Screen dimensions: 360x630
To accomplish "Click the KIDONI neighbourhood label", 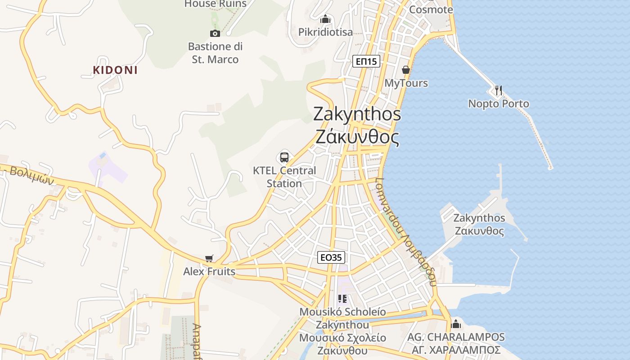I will tap(115, 70).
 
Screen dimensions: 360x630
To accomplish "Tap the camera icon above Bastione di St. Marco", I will tap(215, 33).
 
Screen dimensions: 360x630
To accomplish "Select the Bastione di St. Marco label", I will tap(215, 53).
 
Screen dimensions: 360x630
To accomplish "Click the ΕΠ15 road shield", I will tap(366, 62).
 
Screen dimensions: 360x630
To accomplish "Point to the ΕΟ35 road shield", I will tap(331, 257).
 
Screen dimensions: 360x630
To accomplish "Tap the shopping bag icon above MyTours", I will tap(406, 70).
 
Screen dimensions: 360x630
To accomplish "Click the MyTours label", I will tap(406, 83).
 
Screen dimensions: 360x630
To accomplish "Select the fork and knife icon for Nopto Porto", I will tap(498, 90).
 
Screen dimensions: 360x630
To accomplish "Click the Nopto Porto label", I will tap(499, 104).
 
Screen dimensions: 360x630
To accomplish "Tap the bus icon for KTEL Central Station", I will tap(284, 157).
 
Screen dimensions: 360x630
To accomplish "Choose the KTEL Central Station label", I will tap(284, 177).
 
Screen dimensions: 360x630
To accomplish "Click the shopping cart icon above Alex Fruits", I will tap(209, 258).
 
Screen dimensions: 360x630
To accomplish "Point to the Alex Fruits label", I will tap(209, 272).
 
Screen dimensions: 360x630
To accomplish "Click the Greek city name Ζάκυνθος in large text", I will tap(357, 137).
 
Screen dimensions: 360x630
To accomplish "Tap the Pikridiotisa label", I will tap(325, 32).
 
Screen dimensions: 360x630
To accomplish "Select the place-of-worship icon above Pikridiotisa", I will tap(325, 19).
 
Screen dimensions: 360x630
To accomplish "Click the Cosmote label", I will tap(431, 9).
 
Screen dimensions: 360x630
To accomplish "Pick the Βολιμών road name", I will tap(31, 175).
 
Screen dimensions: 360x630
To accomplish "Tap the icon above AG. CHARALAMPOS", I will tap(456, 324).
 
